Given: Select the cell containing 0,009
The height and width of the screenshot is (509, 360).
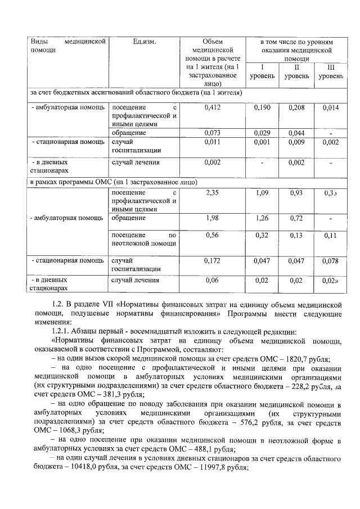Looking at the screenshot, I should point(296,142).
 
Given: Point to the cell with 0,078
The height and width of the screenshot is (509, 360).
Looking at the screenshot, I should point(331,261).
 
